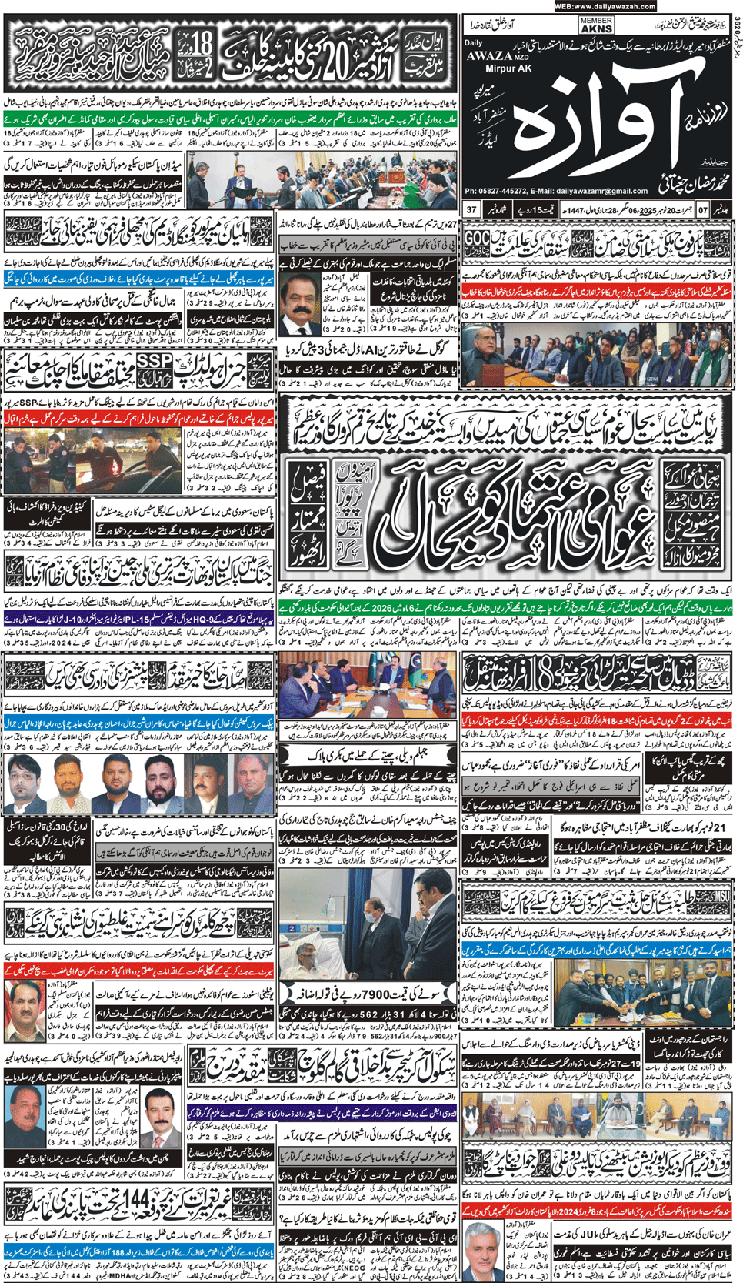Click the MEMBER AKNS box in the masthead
point(596,25)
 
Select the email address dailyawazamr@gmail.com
point(609,191)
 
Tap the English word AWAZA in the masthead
point(489,55)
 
